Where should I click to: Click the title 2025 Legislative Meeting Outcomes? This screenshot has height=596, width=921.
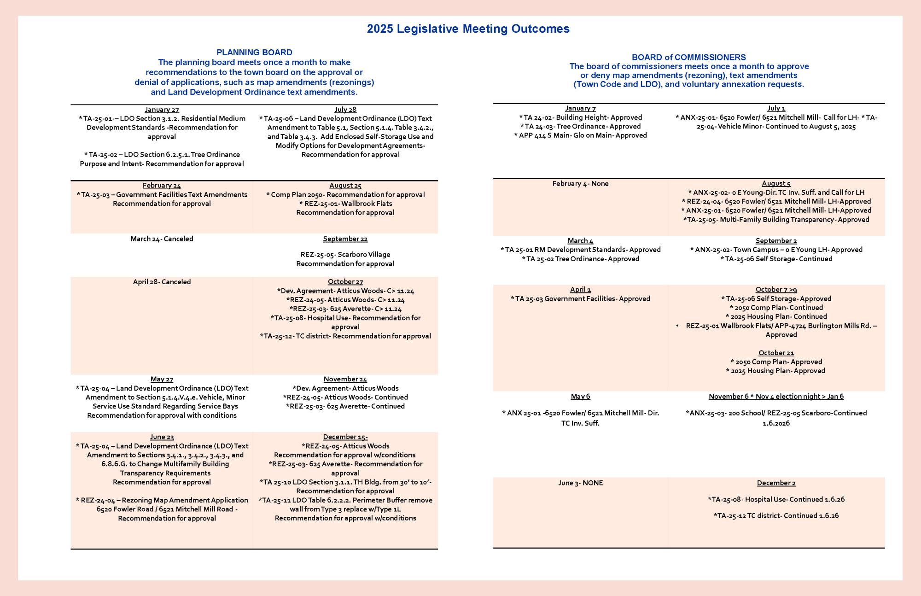[x=468, y=29]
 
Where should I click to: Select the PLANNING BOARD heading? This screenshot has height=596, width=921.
[x=254, y=53]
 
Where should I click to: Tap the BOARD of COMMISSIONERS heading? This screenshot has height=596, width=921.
[x=688, y=58]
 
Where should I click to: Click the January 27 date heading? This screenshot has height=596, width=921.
[x=162, y=110]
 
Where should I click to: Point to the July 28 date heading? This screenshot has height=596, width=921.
[x=345, y=110]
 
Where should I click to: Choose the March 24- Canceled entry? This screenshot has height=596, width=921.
[x=162, y=239]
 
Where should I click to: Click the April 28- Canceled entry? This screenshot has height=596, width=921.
[x=162, y=282]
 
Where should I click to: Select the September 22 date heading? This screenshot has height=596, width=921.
[x=345, y=239]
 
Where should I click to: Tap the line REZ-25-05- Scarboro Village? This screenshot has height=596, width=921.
[x=345, y=255]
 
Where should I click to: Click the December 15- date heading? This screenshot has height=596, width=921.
[x=345, y=437]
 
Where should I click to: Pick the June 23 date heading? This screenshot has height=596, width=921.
[x=162, y=437]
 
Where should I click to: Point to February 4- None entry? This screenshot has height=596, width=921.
[x=580, y=184]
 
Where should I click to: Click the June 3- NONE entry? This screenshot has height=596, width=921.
[x=580, y=483]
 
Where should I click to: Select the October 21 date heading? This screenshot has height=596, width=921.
[x=776, y=353]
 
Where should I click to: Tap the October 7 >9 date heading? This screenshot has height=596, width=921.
[x=776, y=290]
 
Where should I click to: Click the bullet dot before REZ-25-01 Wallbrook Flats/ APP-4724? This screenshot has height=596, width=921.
[x=678, y=326]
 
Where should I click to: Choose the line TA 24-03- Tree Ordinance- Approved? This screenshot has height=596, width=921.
[x=580, y=127]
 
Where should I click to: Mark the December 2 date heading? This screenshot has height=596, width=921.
[x=776, y=483]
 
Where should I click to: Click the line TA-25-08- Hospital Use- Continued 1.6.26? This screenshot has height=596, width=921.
[x=776, y=500]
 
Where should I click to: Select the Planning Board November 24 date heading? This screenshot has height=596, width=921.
[x=345, y=380]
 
